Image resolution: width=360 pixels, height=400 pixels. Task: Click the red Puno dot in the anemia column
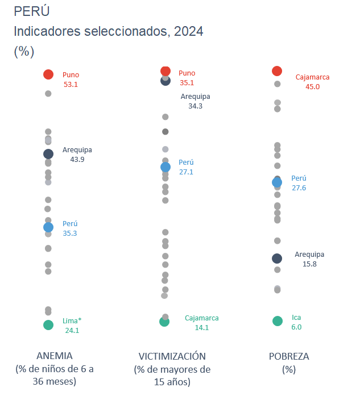click(48, 74)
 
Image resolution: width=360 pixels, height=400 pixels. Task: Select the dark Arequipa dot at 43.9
click(48, 153)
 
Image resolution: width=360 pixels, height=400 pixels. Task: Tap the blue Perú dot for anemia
click(48, 227)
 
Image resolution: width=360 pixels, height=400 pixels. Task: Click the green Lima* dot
click(48, 325)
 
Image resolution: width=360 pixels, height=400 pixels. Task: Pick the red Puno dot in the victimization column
click(165, 71)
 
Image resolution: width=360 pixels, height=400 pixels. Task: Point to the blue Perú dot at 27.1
click(165, 167)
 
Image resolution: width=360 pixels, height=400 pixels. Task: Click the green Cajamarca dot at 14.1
click(164, 322)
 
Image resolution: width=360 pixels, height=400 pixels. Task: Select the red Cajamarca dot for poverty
click(277, 71)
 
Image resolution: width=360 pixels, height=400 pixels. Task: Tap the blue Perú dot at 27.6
click(277, 182)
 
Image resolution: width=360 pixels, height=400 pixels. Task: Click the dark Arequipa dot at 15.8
click(277, 259)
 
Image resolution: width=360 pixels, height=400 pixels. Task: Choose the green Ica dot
click(277, 321)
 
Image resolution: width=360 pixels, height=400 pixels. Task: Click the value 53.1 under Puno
click(71, 85)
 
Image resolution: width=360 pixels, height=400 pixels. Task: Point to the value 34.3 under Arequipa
click(195, 106)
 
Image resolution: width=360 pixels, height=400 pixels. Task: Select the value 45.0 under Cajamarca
click(312, 87)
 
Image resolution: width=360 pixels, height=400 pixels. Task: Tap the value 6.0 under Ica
click(296, 327)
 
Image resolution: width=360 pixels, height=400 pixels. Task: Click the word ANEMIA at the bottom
click(55, 356)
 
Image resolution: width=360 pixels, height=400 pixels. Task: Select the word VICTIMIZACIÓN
click(172, 356)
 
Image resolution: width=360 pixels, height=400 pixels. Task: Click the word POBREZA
click(289, 356)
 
